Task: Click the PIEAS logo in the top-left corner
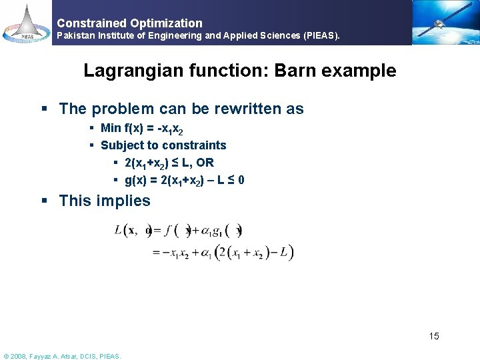click(x=26, y=23)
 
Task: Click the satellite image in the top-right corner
click(x=445, y=23)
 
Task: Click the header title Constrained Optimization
click(x=130, y=23)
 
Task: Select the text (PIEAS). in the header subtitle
click(x=321, y=36)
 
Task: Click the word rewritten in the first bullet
click(x=229, y=109)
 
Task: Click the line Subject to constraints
click(x=163, y=145)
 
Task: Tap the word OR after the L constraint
click(x=224, y=163)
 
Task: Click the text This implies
click(x=105, y=201)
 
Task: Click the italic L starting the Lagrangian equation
click(x=118, y=231)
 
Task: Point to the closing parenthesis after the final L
click(x=291, y=253)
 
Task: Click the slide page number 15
click(x=434, y=336)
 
